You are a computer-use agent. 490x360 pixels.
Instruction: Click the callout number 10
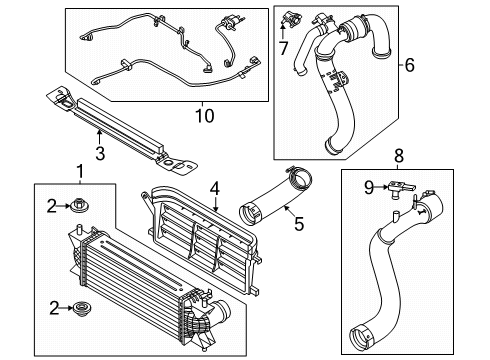click(x=204, y=116)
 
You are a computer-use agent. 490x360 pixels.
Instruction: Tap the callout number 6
click(x=410, y=65)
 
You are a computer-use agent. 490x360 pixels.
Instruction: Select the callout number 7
click(x=283, y=48)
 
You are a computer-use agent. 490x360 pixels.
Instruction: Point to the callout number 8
click(x=399, y=155)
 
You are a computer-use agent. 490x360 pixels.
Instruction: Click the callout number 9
click(x=369, y=188)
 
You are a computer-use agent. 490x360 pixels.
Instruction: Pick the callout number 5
click(x=299, y=223)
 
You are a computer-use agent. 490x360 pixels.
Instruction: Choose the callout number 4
click(x=215, y=188)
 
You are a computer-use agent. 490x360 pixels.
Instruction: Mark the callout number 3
click(x=100, y=153)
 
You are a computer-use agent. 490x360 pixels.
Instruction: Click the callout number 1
click(x=80, y=172)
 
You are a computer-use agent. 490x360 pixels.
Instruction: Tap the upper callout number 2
click(x=52, y=207)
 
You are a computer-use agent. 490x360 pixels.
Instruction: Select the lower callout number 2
click(x=54, y=308)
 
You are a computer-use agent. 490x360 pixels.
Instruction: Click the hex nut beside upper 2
click(x=79, y=205)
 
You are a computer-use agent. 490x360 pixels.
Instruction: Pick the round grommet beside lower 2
click(x=82, y=308)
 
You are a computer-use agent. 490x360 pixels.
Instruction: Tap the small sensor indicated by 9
click(x=401, y=189)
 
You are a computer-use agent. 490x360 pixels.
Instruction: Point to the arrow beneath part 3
click(x=99, y=138)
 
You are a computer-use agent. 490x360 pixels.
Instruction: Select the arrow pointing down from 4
click(x=216, y=204)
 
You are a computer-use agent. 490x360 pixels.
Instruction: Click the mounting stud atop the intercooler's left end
click(x=79, y=230)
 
